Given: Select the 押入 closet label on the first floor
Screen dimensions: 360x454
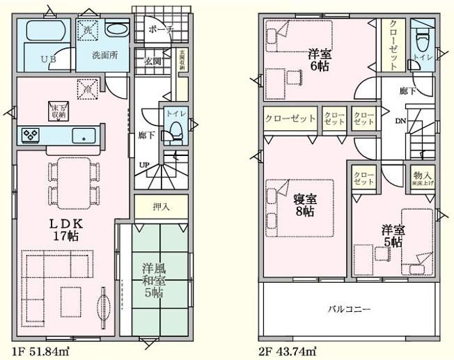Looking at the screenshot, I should (x=160, y=206).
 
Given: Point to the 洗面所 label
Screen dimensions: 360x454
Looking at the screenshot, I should (x=106, y=54).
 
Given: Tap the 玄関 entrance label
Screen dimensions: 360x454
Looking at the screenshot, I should (x=153, y=61).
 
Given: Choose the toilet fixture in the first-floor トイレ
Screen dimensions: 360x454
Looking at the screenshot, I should (x=174, y=128).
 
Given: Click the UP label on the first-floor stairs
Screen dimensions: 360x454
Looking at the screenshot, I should (x=144, y=165).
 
